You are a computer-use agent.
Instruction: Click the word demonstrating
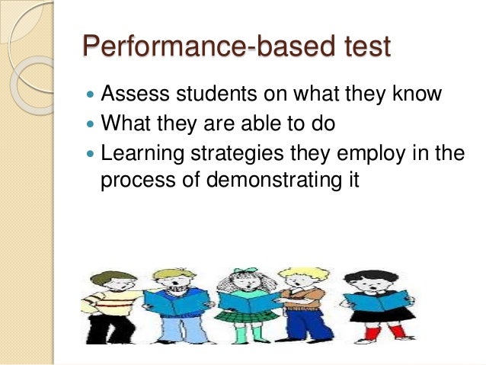coord(279,181)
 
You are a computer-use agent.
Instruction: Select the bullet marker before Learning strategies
coord(91,154)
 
